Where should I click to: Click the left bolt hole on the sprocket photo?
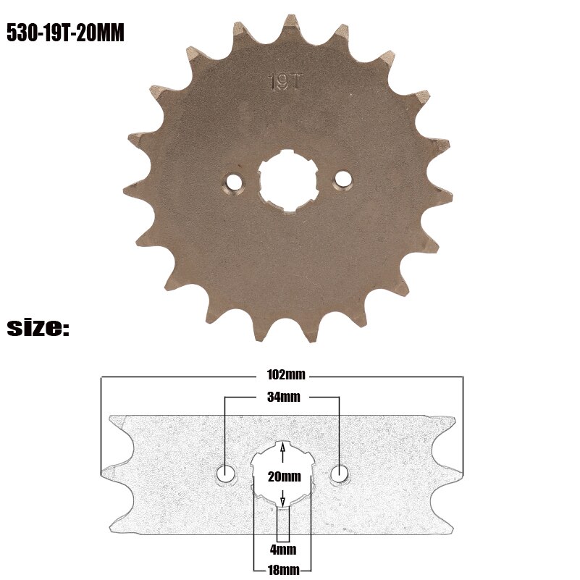coord(233,180)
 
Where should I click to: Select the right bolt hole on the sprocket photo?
coord(342,178)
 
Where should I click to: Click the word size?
coord(38,328)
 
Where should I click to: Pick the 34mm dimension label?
coord(282,397)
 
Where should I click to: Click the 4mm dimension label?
coord(282,549)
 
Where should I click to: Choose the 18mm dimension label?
coord(282,569)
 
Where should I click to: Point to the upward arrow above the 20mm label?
coord(282,452)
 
